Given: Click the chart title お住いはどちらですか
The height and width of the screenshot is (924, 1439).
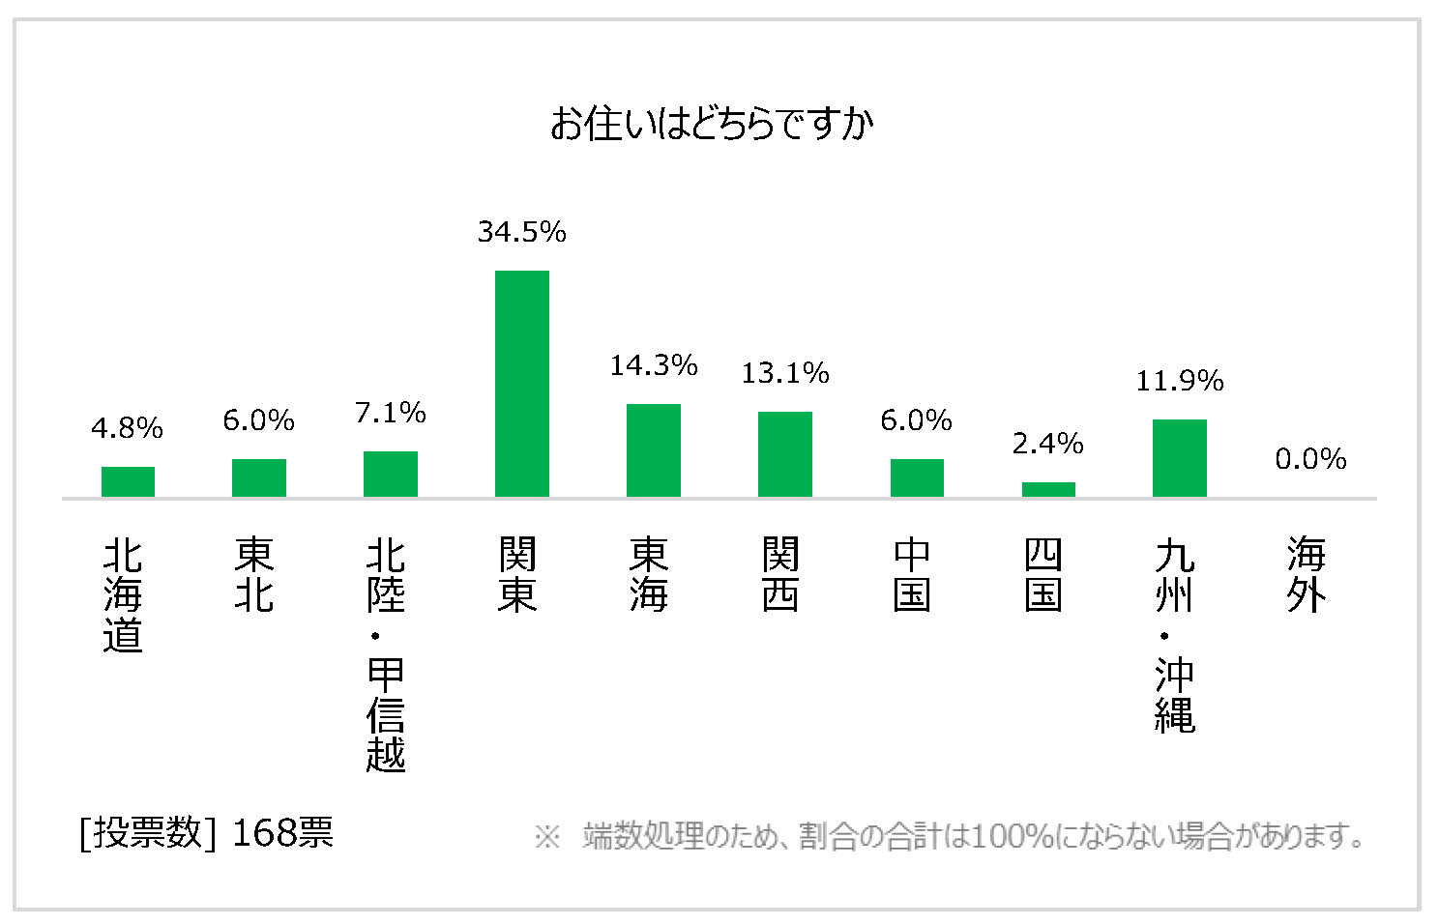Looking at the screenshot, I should [x=712, y=125].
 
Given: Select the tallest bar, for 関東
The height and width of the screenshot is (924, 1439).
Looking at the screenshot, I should [x=522, y=384].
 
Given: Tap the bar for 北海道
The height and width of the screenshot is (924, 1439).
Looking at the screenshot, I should [x=128, y=481].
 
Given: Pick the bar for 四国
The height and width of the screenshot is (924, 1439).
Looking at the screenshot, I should [x=1048, y=489].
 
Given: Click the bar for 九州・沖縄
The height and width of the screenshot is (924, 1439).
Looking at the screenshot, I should [x=1180, y=458].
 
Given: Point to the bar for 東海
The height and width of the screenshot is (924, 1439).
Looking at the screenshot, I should [x=654, y=450].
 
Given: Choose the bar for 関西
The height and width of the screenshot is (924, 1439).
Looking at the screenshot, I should [x=785, y=454].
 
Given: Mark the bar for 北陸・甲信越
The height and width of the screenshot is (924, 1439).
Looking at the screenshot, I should [x=391, y=474].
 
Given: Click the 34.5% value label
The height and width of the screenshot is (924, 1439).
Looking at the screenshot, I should [x=522, y=232].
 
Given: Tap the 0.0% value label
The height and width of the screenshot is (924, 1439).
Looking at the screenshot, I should [x=1310, y=459].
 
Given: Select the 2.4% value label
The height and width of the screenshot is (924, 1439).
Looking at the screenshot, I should [x=1048, y=444].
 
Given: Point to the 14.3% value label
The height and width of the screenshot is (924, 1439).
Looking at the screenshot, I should [x=654, y=365].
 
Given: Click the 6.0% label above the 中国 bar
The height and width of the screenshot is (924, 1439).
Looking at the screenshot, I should [x=917, y=420].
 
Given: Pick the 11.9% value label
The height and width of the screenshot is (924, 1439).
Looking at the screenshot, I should [x=1180, y=382].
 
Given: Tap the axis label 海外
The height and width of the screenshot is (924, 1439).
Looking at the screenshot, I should [x=1307, y=575].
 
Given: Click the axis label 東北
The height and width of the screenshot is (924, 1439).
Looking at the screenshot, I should [x=254, y=575].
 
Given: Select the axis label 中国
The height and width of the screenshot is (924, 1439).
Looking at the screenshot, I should [x=912, y=575].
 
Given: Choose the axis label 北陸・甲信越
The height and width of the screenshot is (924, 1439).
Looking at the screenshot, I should [x=386, y=654].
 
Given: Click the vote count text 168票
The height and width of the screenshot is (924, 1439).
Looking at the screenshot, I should [x=282, y=832].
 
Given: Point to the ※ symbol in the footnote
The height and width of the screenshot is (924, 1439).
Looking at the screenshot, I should [x=547, y=836].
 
